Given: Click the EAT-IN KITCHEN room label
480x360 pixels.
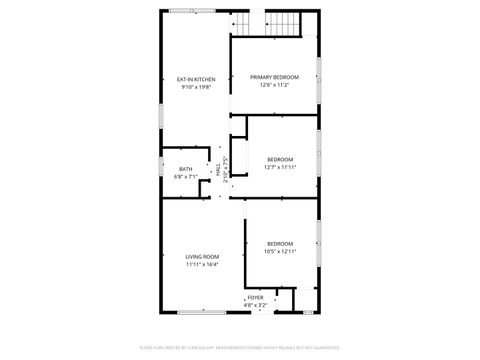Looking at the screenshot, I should pos(196,79).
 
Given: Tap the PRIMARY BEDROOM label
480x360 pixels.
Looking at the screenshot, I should pos(274,77).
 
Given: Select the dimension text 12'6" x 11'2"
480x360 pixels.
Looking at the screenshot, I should pos(274,85).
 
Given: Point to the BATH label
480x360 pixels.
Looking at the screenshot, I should pos(186,169).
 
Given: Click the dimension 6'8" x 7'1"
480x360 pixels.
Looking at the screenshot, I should pos(186,176).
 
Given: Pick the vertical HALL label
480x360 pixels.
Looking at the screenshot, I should pos(219,170).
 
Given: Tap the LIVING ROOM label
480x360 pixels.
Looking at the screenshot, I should pos(202,257).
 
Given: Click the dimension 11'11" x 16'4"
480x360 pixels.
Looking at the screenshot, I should pos(202,265).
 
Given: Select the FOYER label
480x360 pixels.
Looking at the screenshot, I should pos(256,297).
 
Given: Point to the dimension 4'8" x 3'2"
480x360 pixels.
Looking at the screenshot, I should pos(256,304).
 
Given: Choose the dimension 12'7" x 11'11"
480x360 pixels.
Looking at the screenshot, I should pos(280,167).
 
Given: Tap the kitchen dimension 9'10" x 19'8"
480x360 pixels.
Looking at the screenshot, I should pos(196,87).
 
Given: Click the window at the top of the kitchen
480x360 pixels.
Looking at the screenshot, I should pos(182,11).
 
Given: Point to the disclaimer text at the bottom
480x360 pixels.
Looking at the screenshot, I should pos(240,348).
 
